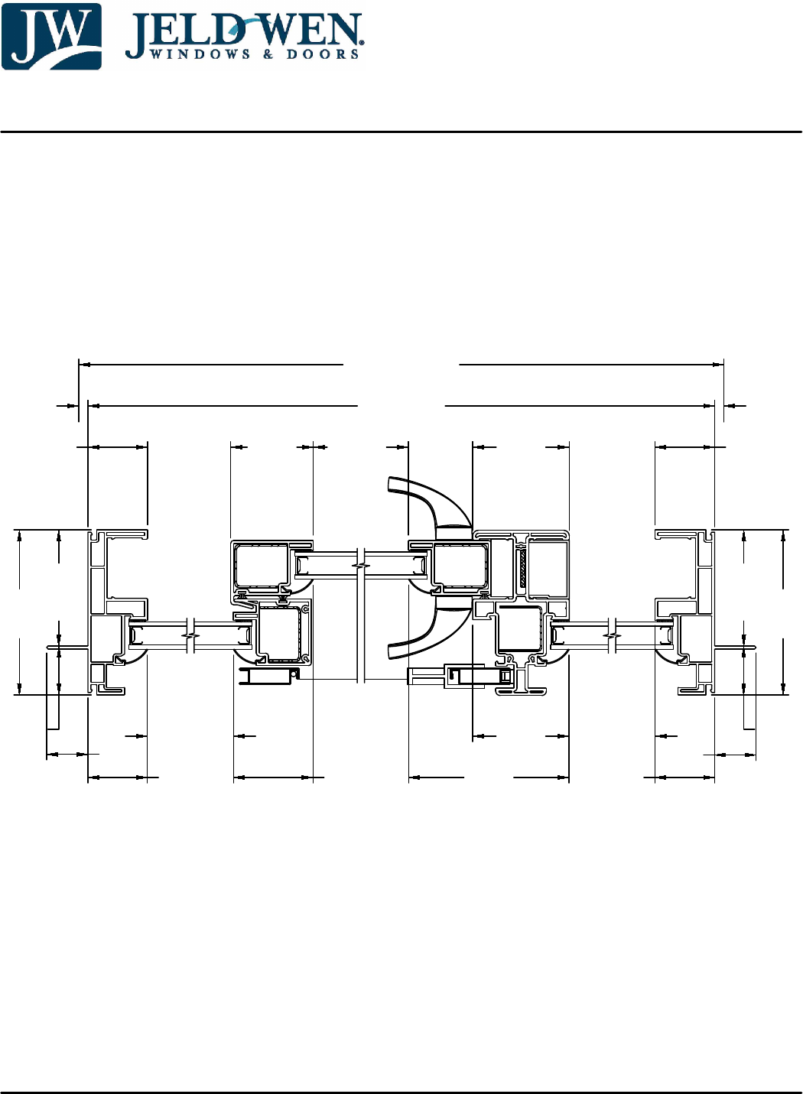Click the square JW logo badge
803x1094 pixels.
pyautogui.click(x=51, y=36)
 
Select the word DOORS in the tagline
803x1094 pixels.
pyautogui.click(x=323, y=54)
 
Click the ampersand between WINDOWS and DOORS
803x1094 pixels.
pyautogui.click(x=268, y=54)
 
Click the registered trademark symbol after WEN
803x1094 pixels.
pyautogui.click(x=362, y=43)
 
